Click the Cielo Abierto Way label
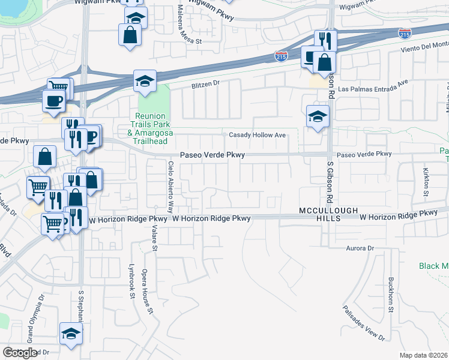point(170,187)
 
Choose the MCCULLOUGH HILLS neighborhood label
point(328,215)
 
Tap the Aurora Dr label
point(360,248)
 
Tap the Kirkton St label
point(426,182)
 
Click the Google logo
point(20,353)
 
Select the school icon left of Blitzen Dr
point(144,83)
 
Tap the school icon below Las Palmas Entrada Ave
point(318,117)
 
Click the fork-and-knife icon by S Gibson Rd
point(325,41)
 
